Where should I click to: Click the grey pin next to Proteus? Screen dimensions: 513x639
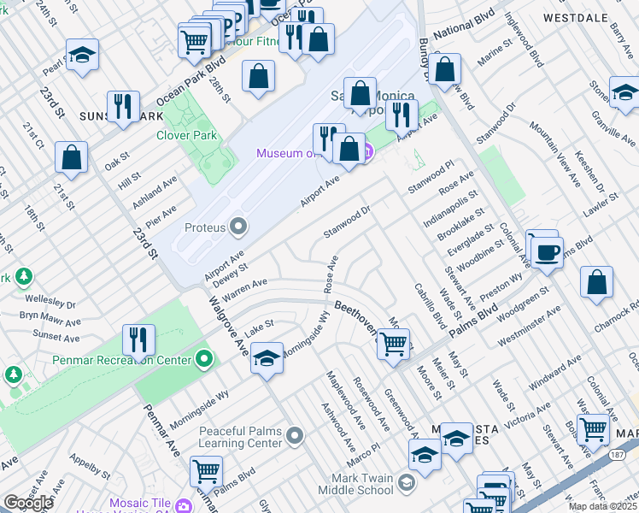pos(238,227)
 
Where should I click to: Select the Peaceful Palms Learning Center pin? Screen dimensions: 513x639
pos(295,437)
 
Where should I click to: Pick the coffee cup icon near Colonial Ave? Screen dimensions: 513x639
pos(547,251)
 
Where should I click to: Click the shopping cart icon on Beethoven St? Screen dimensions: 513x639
pos(393,345)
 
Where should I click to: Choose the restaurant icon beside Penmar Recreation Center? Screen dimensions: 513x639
pos(138,340)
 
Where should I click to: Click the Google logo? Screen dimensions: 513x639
pos(28,502)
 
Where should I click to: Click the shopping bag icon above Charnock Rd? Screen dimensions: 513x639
pos(596,284)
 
